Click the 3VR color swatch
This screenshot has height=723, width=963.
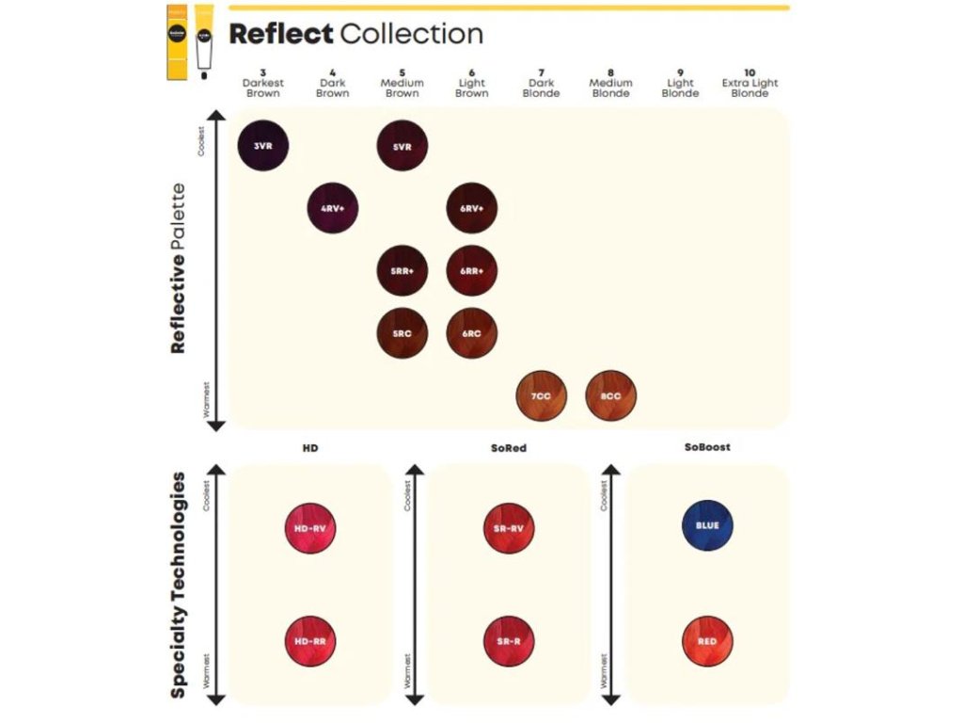click(x=263, y=146)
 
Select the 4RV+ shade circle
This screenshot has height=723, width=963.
click(x=333, y=208)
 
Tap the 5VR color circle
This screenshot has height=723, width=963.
click(x=402, y=146)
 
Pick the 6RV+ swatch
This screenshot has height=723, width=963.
click(x=471, y=208)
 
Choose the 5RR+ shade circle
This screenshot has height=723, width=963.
click(x=402, y=270)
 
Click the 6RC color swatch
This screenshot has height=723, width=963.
click(x=471, y=332)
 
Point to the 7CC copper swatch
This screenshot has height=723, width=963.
click(x=541, y=395)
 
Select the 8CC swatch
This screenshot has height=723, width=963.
click(x=610, y=395)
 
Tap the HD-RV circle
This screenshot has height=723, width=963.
click(x=309, y=527)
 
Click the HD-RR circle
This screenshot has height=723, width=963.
click(x=309, y=641)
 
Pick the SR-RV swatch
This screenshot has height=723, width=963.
click(x=509, y=527)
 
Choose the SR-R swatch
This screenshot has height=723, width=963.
click(x=509, y=641)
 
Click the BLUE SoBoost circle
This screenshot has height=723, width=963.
click(x=707, y=525)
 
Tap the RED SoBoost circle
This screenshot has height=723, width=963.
click(x=707, y=641)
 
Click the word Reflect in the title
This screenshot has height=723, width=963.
click(x=280, y=35)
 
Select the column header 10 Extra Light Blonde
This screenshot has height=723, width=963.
click(x=750, y=83)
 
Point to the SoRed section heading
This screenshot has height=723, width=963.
click(x=509, y=448)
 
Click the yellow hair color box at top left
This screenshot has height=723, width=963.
click(x=178, y=43)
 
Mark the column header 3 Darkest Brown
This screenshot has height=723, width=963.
click(x=263, y=83)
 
